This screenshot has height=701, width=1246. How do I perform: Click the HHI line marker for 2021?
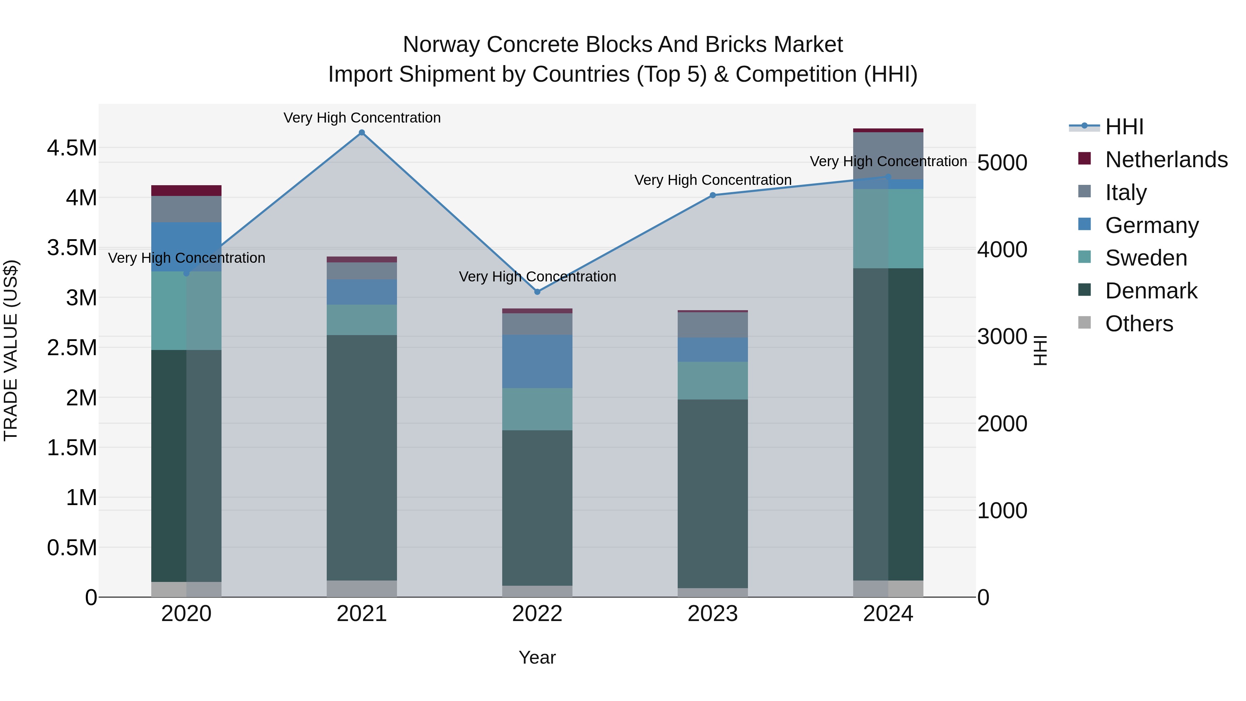(x=362, y=133)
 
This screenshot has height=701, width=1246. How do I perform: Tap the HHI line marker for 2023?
(x=713, y=196)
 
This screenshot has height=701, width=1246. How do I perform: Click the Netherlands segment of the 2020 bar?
(x=186, y=191)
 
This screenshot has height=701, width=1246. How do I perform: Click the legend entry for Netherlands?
(x=1166, y=160)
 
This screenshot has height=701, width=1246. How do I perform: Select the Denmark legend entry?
(x=1151, y=291)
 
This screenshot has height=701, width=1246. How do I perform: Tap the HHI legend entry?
(x=1124, y=127)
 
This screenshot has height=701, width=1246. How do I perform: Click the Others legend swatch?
(x=1085, y=323)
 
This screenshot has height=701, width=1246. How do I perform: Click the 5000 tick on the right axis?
(x=1002, y=163)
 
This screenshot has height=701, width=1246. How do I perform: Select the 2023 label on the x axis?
(x=713, y=614)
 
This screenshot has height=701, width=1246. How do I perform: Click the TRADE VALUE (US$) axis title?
(x=11, y=350)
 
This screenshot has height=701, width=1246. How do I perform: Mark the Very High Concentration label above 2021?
(x=362, y=118)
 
